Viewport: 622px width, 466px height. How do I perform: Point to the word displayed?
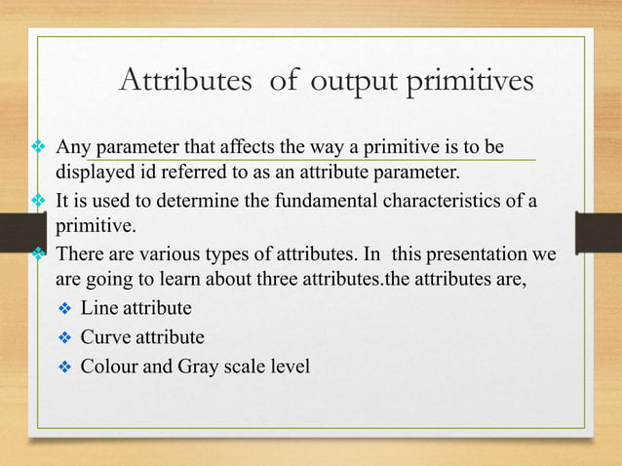(x=93, y=174)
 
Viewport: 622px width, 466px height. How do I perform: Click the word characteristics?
(x=455, y=201)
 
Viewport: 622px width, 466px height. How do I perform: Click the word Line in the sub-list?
(x=97, y=309)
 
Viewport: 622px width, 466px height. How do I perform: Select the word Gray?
(x=201, y=368)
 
